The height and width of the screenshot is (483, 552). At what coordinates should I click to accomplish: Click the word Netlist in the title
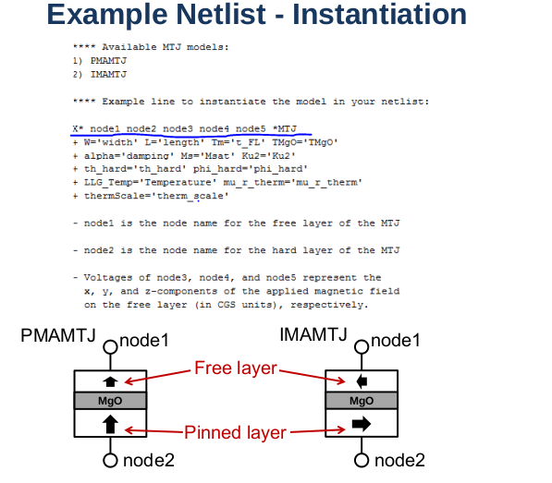click(221, 15)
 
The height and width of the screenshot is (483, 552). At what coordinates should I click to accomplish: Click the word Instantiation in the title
click(379, 15)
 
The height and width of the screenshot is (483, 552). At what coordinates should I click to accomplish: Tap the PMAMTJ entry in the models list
click(108, 61)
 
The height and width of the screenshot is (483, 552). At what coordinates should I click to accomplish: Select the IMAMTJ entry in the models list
click(108, 75)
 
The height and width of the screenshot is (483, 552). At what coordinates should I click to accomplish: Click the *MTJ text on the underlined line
click(285, 129)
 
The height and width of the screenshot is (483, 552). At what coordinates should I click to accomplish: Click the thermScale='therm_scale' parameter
click(156, 196)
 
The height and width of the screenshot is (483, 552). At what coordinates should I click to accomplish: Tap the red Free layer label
click(236, 368)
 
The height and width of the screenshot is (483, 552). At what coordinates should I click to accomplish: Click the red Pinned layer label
click(235, 432)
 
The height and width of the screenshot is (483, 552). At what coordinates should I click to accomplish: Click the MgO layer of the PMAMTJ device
click(110, 401)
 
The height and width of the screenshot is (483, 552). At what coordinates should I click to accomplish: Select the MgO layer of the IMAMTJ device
click(362, 401)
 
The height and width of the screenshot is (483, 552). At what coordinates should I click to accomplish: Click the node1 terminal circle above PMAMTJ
click(111, 347)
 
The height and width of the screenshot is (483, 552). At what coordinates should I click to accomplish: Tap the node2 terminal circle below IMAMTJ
click(362, 460)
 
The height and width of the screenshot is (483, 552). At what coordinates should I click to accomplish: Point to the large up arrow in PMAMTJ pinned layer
click(110, 424)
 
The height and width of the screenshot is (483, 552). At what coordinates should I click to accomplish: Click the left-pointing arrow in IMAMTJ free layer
click(362, 381)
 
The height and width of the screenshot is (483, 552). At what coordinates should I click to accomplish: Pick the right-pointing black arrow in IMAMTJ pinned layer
click(362, 424)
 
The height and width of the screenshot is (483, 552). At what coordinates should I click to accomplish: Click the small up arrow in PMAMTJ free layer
click(110, 381)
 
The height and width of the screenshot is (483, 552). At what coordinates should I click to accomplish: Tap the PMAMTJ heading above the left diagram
click(58, 335)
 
